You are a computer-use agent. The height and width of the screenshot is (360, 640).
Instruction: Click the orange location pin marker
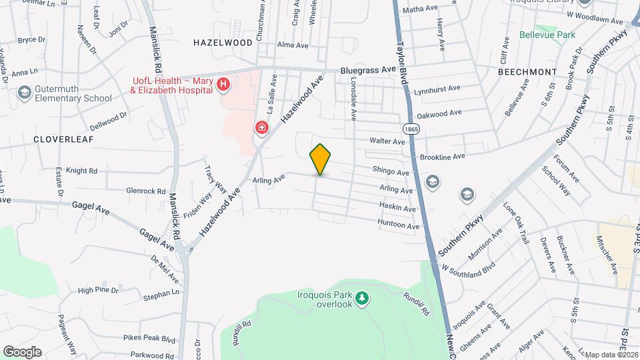(320, 159)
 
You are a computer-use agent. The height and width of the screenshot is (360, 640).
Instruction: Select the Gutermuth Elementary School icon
(25, 92)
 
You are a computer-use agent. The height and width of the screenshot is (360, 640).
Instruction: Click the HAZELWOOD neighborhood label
(223, 42)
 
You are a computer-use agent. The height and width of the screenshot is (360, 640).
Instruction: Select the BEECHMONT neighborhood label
(527, 71)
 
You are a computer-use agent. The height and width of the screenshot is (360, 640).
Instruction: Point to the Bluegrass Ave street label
(368, 69)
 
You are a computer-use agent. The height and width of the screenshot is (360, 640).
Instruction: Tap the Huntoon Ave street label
(398, 225)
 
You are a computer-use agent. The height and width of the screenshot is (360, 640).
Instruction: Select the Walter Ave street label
(388, 141)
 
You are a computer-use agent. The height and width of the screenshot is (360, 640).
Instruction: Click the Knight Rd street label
(82, 171)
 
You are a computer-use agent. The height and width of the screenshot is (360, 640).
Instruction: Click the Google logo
(22, 351)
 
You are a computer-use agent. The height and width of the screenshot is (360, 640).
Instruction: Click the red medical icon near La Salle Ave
(262, 127)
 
